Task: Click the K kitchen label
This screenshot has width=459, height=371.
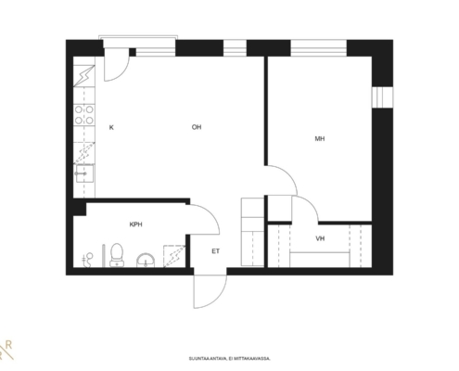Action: [111, 127]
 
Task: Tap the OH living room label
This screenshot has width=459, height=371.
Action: [197, 127]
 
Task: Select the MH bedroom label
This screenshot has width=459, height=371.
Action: [320, 139]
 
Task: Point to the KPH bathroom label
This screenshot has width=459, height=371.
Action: [135, 224]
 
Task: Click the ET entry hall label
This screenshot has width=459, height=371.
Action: [216, 251]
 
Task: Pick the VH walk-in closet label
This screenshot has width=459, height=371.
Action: [320, 238]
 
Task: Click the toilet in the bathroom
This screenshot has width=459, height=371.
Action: [117, 255]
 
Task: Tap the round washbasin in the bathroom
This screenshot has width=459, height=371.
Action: [146, 261]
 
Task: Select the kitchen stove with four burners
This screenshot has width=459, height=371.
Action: [84, 115]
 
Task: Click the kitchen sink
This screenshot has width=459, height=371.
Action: [84, 173]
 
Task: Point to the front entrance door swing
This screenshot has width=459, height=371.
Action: [210, 291]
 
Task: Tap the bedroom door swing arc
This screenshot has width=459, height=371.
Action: [281, 180]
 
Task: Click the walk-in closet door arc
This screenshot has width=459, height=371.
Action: [305, 209]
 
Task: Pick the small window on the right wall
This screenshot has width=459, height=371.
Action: [382, 97]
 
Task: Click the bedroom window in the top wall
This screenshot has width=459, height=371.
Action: [318, 48]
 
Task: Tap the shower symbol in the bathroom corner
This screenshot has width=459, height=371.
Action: [174, 256]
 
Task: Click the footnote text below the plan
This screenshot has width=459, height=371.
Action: [230, 359]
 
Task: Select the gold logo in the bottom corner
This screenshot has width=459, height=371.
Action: [6, 351]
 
